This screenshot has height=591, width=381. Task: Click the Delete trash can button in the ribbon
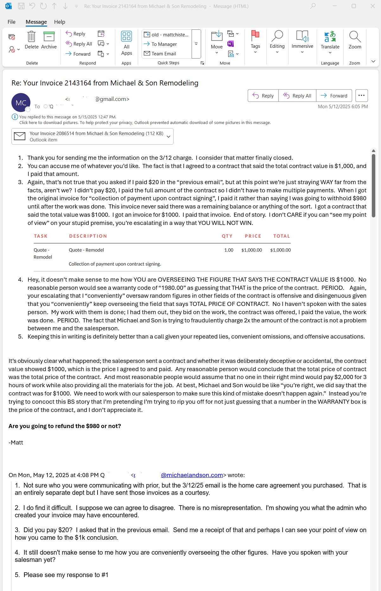pos(31,40)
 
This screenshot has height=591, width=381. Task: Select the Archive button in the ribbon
pos(49,40)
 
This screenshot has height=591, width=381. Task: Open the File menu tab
pos(11,22)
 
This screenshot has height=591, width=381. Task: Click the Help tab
pos(60,22)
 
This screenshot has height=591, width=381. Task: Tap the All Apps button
pos(126,43)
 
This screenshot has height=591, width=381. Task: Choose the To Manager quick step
pos(164,44)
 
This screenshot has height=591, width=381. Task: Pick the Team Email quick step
pos(163,54)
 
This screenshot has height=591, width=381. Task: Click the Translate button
pos(330,40)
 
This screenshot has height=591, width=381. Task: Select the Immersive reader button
pos(302,40)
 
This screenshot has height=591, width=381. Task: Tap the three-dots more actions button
pos(361,96)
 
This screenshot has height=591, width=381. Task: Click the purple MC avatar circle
pos(21,103)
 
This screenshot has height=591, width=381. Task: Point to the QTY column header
pos(227,236)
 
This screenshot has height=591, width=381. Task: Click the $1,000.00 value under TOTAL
pos(280,250)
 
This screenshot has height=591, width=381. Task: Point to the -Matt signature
pos(16,443)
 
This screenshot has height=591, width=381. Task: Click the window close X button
pos(373,6)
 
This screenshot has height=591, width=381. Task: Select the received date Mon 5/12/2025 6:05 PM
pos(343,107)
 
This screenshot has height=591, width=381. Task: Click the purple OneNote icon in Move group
pos(231,44)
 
